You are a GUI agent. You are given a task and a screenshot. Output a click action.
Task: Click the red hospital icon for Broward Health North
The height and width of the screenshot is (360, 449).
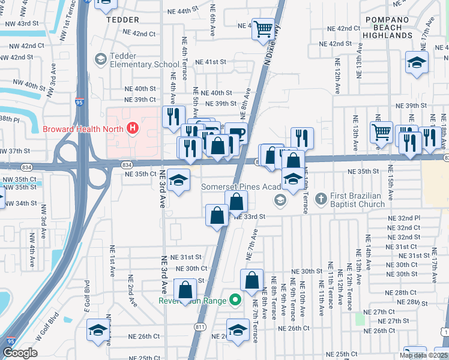coord(132,128)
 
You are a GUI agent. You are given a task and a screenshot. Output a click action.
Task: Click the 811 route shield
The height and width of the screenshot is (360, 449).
coord(199,326)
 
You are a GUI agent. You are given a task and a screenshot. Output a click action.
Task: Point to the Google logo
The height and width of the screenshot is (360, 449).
coord(20,353)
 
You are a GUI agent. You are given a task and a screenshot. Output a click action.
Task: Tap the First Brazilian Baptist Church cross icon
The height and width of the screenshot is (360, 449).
coord(321,197)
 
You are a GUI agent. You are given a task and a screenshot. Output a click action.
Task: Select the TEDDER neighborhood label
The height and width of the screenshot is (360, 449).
coord(122,19)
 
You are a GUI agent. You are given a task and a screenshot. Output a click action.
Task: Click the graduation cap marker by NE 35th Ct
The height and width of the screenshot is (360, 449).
coord(178,180)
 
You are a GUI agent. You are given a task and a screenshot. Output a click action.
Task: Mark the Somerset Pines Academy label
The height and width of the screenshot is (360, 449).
coord(242,187)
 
